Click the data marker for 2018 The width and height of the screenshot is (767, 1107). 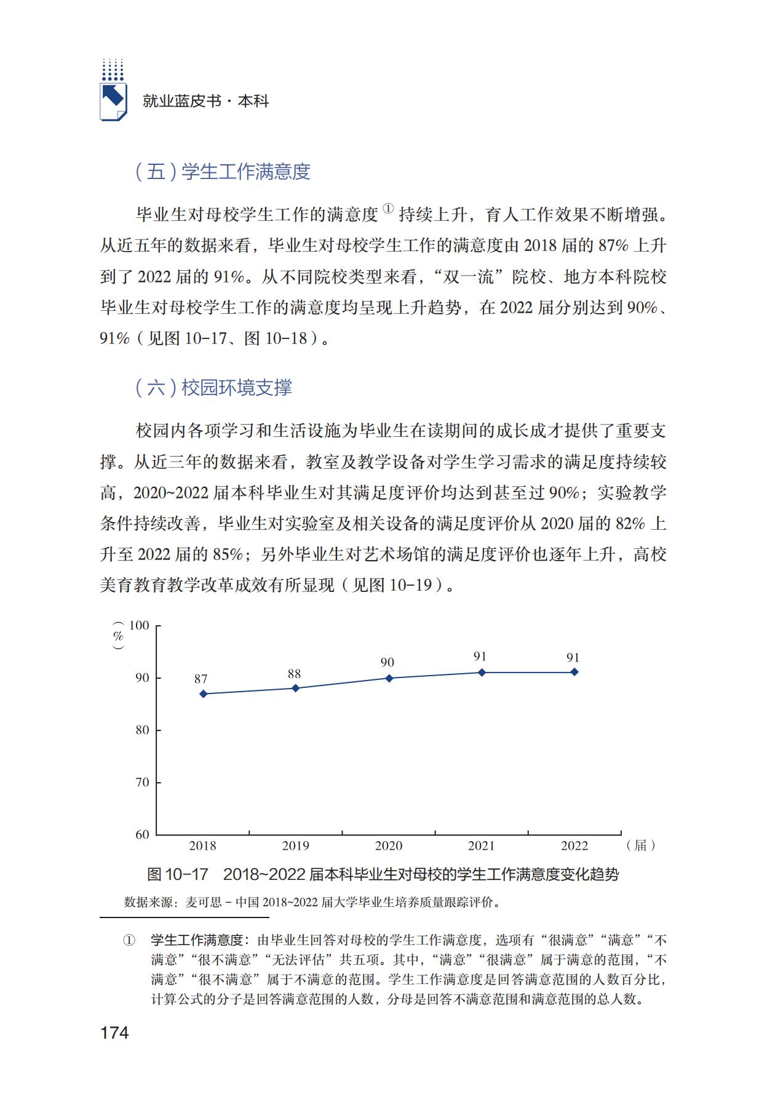203,693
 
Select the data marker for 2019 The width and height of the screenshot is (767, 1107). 296,688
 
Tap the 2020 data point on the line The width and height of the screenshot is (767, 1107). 389,678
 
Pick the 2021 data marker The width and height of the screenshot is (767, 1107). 482,673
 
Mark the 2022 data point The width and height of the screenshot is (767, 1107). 574,672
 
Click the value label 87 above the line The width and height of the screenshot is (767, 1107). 201,679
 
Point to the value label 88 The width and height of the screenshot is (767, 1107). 294,674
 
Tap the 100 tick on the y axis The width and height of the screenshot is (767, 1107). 140,625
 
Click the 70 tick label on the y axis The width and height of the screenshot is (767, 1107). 142,782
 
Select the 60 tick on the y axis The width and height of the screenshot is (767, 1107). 142,834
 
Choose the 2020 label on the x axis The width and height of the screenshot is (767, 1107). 389,845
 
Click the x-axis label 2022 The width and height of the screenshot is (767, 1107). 574,845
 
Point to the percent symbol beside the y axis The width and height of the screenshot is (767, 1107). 119,636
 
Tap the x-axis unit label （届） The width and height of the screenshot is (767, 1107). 640,845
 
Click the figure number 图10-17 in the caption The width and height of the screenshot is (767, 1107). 178,874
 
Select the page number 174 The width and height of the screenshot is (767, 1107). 114,1033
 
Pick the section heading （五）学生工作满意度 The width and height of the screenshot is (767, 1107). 223,172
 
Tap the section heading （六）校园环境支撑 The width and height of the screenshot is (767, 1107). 213,387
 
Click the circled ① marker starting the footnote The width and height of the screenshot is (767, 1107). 129,941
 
